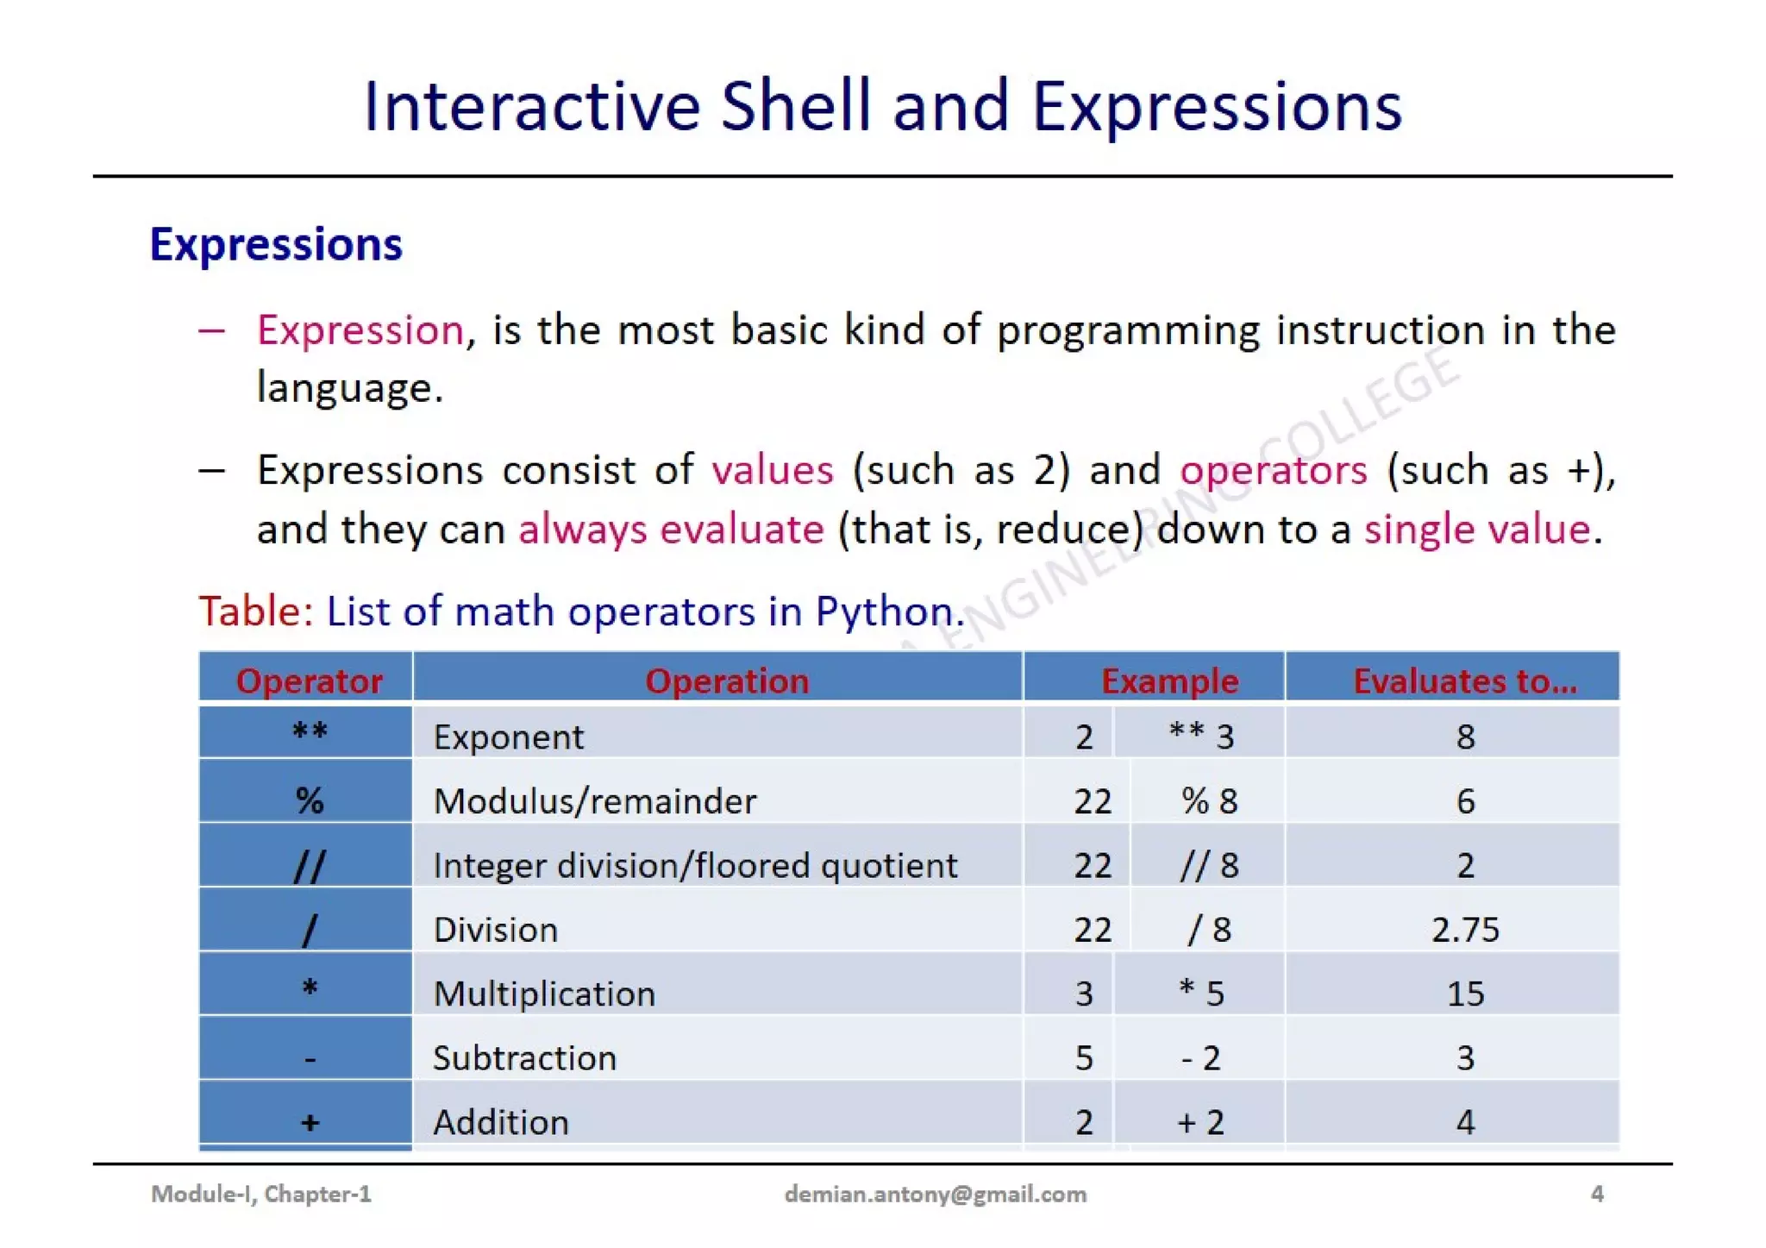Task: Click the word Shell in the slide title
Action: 795,106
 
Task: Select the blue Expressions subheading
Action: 276,244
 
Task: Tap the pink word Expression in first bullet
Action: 360,330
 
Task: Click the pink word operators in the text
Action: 1273,471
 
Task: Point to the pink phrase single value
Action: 1476,529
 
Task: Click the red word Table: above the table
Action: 256,611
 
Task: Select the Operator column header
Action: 309,680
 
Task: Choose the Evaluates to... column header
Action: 1464,680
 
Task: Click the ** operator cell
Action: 309,733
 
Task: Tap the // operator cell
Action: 309,864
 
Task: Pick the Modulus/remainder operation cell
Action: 595,801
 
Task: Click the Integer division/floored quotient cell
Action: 695,865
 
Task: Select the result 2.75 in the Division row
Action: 1464,929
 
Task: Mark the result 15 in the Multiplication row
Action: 1464,994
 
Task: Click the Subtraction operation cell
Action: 524,1057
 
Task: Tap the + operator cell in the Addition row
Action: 309,1122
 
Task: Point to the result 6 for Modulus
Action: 1464,801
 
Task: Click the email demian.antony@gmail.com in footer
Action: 935,1194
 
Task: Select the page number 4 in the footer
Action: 1596,1194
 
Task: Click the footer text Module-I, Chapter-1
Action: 261,1194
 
